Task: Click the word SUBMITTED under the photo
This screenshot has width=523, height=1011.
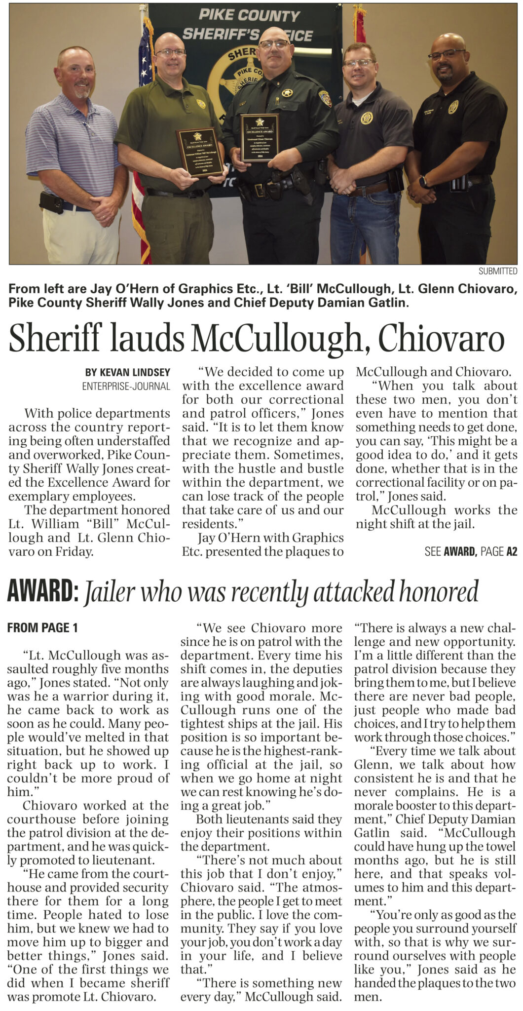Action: [x=497, y=271]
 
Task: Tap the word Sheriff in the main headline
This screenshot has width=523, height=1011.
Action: [x=55, y=339]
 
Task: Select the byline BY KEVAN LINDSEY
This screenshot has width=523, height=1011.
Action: [x=127, y=372]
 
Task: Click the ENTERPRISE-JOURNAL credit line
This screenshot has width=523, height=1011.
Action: [x=126, y=386]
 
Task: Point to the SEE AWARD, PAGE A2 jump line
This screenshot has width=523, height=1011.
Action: [x=470, y=551]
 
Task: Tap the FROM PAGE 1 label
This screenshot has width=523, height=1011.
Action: [x=42, y=628]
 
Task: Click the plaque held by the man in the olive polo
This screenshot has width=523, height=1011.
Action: [x=200, y=152]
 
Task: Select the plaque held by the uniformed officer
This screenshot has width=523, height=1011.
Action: [x=260, y=138]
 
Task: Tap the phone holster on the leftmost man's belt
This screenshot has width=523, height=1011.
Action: [x=51, y=202]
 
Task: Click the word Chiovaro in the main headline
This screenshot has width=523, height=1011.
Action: [x=441, y=339]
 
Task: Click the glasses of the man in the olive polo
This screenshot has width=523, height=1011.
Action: [x=170, y=52]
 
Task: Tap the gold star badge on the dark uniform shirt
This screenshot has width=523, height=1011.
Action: [x=287, y=92]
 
